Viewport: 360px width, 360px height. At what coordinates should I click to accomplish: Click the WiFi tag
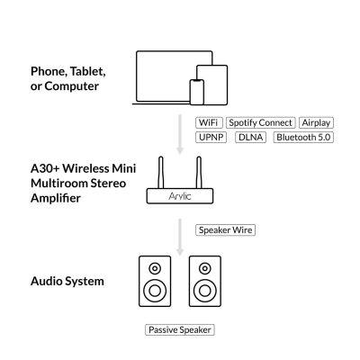208,122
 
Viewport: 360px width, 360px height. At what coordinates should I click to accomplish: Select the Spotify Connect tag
259,122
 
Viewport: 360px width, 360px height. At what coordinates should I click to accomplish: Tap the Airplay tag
316,122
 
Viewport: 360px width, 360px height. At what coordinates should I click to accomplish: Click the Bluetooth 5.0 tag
302,137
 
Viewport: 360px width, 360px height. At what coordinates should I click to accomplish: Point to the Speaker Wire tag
226,229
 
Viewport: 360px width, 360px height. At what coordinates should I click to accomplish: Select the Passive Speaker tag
179,330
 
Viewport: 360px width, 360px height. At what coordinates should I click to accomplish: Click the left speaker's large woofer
155,291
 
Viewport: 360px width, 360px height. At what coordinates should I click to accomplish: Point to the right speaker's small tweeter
205,268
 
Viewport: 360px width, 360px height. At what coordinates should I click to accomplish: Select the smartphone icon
197,91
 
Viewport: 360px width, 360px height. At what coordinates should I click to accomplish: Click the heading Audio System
67,281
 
